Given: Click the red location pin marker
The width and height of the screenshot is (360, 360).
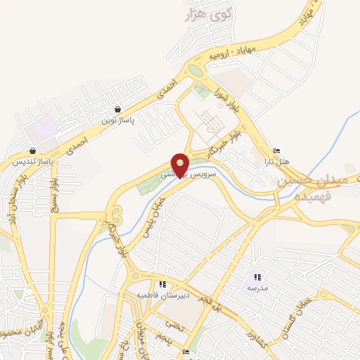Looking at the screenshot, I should pyautogui.click(x=180, y=165).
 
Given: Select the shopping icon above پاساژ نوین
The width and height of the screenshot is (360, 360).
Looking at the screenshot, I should pyautogui.click(x=117, y=109).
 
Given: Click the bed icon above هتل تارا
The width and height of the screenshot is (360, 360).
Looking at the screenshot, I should pyautogui.click(x=276, y=151).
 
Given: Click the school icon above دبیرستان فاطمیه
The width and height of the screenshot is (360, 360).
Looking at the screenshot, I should pyautogui.click(x=162, y=285).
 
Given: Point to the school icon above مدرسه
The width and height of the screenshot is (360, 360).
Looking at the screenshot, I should pyautogui.click(x=257, y=278).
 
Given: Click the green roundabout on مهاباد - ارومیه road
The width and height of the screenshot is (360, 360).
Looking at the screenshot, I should pyautogui.click(x=195, y=70).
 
